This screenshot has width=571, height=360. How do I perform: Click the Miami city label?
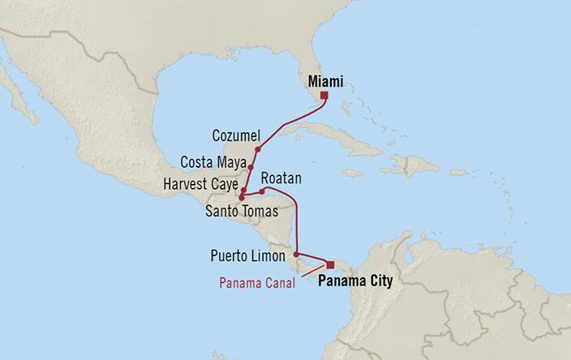click(326, 82)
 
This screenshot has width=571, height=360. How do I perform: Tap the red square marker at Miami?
click(324, 96)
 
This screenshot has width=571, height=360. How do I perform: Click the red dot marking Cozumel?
click(257, 149)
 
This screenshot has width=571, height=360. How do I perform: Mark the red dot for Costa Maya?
click(251, 169)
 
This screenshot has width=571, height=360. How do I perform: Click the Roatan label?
click(281, 176)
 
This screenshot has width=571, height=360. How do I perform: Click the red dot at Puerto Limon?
click(296, 253)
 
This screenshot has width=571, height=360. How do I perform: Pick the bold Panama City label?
click(355, 282)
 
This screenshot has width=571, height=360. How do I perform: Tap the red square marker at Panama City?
click(330, 264)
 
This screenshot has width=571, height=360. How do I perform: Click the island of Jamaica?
click(351, 173)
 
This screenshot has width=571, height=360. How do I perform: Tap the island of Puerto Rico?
click(458, 173)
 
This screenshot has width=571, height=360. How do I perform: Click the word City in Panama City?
click(378, 282)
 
